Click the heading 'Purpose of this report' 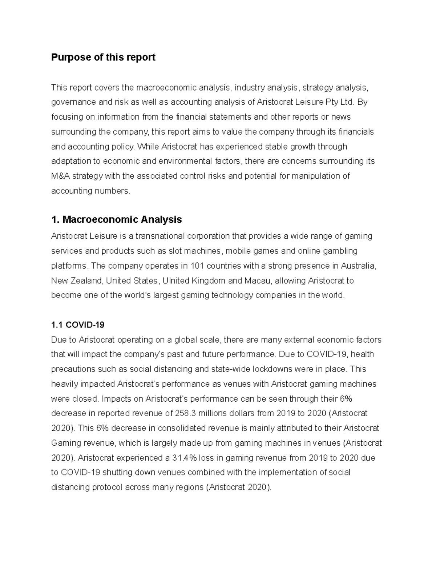(103, 57)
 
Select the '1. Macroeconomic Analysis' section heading (116, 220)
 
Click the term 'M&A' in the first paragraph (61, 176)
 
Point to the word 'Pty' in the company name (332, 102)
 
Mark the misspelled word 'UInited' (175, 281)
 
